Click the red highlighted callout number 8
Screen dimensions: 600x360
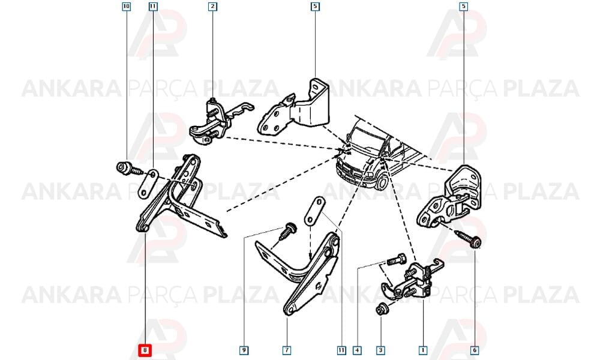click(x=145, y=350)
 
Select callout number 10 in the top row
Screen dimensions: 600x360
click(x=126, y=7)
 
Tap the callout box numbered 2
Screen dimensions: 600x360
click(x=213, y=7)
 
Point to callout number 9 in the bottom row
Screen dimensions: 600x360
click(x=244, y=350)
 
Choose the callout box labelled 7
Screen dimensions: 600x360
click(x=287, y=350)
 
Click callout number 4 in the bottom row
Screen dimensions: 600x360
click(x=357, y=350)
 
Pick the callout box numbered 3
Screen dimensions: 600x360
click(x=381, y=350)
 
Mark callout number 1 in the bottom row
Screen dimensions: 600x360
click(x=423, y=350)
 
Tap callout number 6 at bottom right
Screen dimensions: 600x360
click(x=475, y=350)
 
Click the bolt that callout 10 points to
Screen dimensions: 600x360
click(x=129, y=169)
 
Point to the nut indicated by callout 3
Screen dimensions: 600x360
click(x=382, y=308)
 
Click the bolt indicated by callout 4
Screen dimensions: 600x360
click(x=396, y=259)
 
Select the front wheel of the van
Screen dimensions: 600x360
click(x=381, y=182)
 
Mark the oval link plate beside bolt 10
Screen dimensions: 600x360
click(x=148, y=184)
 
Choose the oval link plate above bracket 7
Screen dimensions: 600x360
click(x=313, y=211)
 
